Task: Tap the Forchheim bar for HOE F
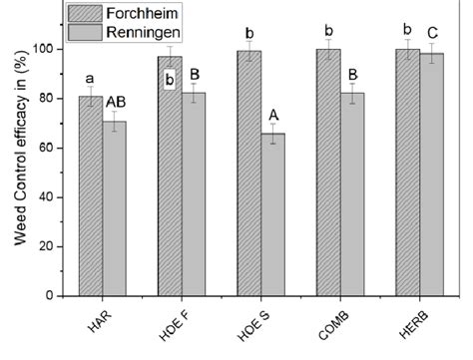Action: click(170, 180)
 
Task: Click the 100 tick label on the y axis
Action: click(44, 49)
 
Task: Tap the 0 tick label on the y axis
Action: click(50, 296)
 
